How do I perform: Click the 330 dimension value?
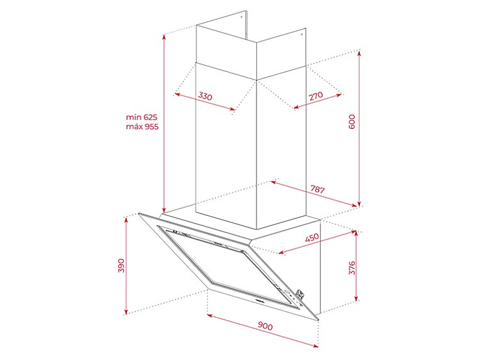[205, 96]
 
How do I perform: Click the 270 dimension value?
[316, 96]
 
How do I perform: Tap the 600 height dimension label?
[352, 121]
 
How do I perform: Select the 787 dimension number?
[318, 189]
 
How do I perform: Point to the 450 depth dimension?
[312, 237]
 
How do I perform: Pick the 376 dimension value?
[352, 268]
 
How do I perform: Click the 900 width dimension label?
[265, 326]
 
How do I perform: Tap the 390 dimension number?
[121, 266]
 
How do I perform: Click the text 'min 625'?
[141, 117]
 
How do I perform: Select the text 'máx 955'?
[142, 126]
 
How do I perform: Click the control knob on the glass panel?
[300, 294]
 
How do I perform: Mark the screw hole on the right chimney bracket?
[301, 33]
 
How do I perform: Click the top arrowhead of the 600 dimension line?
[359, 53]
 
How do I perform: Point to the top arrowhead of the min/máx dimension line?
[164, 37]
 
